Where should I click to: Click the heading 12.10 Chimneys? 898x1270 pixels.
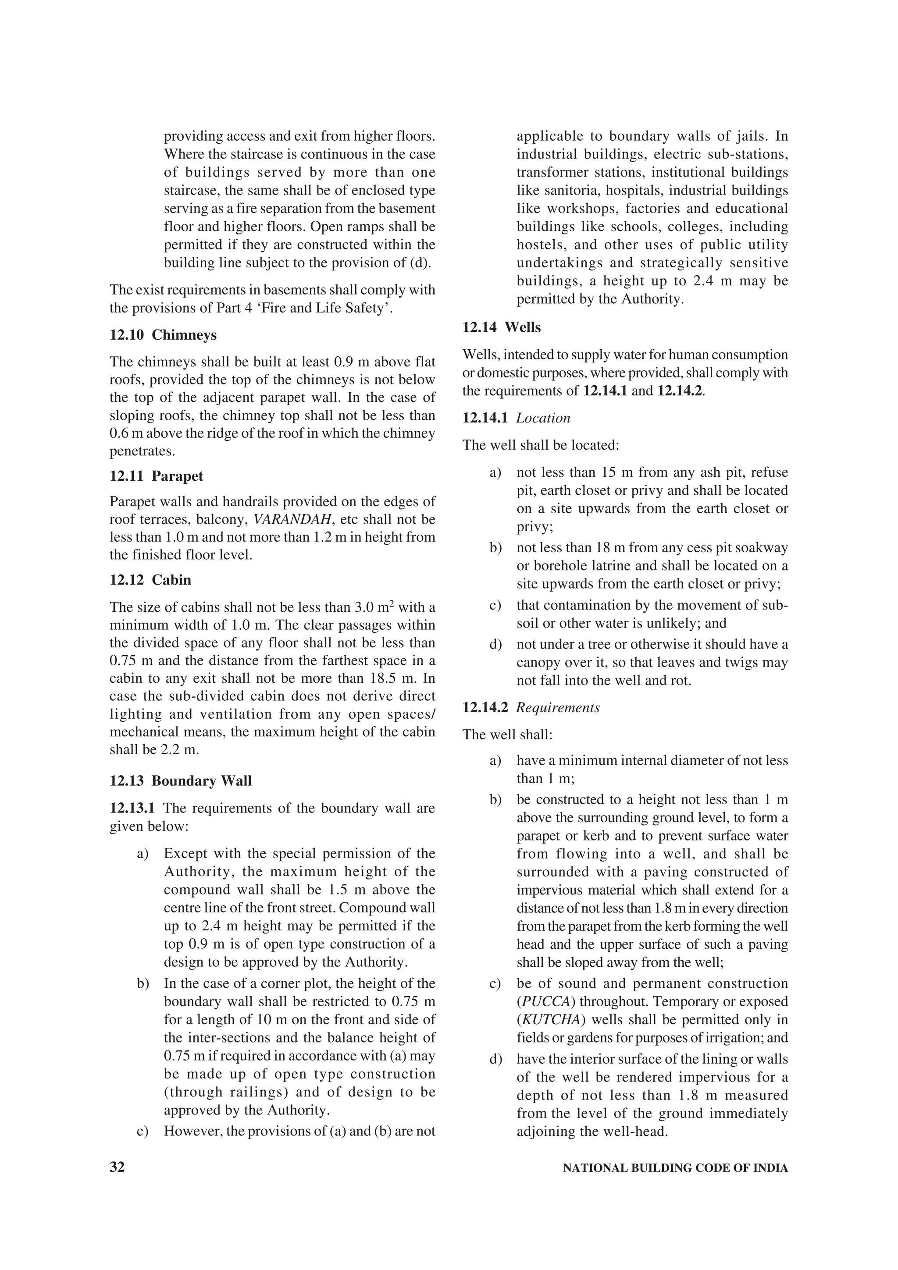163,335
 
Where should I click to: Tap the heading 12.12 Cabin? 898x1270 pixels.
150,580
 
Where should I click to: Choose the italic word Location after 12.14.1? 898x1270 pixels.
543,418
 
